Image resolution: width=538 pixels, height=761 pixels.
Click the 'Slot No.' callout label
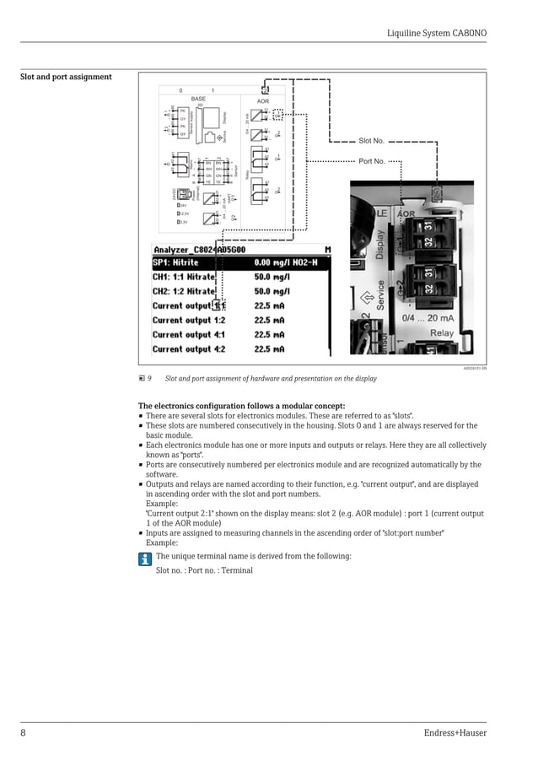pyautogui.click(x=371, y=141)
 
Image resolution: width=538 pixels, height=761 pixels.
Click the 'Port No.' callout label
pyautogui.click(x=371, y=160)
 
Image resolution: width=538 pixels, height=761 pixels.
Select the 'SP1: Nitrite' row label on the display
pyautogui.click(x=175, y=262)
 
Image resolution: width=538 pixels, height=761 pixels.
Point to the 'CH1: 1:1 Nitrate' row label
pyautogui.click(x=184, y=277)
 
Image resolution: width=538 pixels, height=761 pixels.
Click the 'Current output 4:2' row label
pyautogui.click(x=189, y=348)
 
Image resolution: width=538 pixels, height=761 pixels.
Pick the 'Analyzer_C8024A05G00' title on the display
pyautogui.click(x=199, y=250)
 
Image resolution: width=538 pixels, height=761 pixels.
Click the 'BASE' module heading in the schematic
pyautogui.click(x=198, y=100)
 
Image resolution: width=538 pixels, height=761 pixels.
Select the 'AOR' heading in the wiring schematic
pyautogui.click(x=263, y=101)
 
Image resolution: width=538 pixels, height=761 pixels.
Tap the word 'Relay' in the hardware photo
pyautogui.click(x=441, y=333)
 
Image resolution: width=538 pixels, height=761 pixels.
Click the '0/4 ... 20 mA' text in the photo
pyautogui.click(x=428, y=318)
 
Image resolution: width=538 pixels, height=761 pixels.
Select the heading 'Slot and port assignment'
pyautogui.click(x=66, y=77)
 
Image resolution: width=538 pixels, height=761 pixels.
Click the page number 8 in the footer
pyautogui.click(x=24, y=733)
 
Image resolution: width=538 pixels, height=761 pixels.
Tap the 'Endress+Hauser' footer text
pyautogui.click(x=455, y=733)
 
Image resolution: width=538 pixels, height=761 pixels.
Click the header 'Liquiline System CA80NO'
pyautogui.click(x=436, y=33)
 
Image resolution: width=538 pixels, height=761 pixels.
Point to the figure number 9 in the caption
pyautogui.click(x=149, y=379)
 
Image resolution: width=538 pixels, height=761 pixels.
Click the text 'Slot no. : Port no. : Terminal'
pyautogui.click(x=204, y=570)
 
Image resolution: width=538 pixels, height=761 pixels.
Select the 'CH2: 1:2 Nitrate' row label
pyautogui.click(x=184, y=291)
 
